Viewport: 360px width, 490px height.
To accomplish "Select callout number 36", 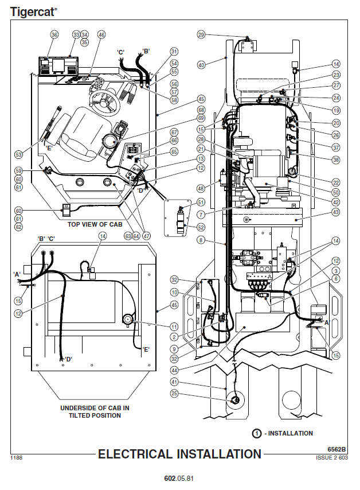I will coord(54,35).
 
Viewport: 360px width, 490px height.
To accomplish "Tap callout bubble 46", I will coord(101,35).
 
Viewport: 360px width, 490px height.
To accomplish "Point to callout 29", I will coord(201,34).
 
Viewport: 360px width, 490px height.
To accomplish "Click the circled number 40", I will coord(201,65).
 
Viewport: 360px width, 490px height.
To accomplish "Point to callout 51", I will coord(201,202).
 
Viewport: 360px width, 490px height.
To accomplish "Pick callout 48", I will coord(201,188).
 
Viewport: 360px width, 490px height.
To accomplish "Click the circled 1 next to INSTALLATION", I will coord(258,433).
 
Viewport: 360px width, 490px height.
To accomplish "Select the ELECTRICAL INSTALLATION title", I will coord(179,454).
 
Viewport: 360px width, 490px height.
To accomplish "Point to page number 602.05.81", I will coord(179,479).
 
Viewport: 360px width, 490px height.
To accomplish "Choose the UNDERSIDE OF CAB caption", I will coord(95,411).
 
